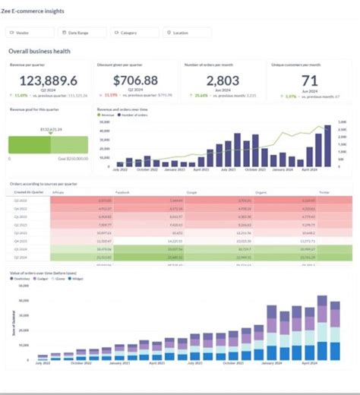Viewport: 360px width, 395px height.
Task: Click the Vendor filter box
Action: (x=30, y=33)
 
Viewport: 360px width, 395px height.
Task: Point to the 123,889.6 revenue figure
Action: (x=49, y=81)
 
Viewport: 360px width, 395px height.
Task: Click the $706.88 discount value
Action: (x=135, y=81)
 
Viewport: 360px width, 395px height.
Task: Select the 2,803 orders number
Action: (x=223, y=81)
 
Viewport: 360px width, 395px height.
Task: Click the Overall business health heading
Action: (x=39, y=51)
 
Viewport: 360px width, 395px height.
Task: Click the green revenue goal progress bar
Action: (x=48, y=144)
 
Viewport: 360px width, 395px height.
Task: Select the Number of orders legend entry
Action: (x=134, y=115)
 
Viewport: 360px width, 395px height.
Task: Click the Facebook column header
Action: (x=122, y=193)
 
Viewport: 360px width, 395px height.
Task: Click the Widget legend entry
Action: (x=77, y=279)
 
